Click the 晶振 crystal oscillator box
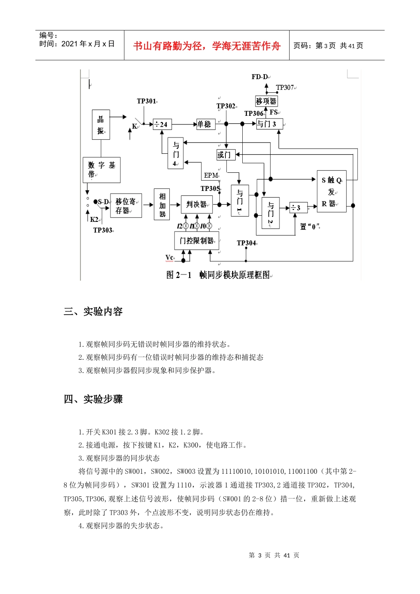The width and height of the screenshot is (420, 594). point(101,125)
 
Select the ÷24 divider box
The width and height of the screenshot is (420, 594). point(162,125)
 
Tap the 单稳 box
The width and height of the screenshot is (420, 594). point(206,124)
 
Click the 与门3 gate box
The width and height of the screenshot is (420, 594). point(269,124)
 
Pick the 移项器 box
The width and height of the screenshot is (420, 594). point(266,101)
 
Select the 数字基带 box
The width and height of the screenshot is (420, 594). point(101,170)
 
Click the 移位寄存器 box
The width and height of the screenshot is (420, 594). point(126,206)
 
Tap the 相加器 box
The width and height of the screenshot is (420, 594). point(162,205)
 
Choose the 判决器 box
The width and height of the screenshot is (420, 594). point(197,205)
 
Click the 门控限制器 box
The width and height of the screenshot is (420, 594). point(197,241)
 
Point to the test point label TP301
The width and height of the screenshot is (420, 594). point(147,101)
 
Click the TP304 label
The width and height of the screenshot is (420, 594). point(247,243)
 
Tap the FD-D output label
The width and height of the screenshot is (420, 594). point(260,77)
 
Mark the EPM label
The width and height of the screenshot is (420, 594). point(211,175)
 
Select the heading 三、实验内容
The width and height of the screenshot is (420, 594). point(93,312)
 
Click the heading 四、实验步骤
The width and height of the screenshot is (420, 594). point(93,399)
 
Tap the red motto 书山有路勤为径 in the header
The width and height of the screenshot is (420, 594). point(207,46)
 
